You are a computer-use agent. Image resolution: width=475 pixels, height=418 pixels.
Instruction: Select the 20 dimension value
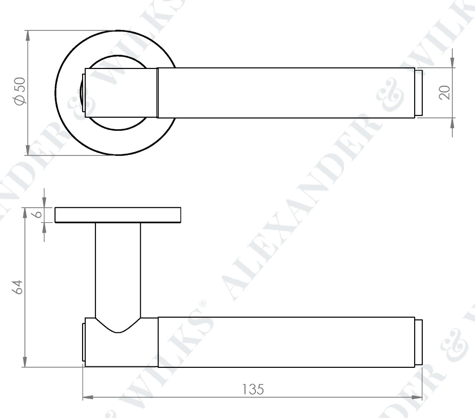(x=445, y=93)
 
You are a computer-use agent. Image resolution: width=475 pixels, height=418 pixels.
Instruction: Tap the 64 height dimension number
(x=18, y=287)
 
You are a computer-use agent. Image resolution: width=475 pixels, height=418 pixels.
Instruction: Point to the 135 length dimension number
(x=253, y=389)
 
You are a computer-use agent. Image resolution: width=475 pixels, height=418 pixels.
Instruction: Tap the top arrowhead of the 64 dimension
(x=25, y=213)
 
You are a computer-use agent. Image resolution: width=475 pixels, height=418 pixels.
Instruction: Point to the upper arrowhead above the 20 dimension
(x=452, y=62)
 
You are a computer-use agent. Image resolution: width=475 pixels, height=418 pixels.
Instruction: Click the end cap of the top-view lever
(x=419, y=93)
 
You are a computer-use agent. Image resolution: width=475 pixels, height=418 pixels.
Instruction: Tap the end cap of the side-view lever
(x=419, y=342)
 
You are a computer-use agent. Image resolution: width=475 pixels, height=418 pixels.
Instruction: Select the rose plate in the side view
(x=118, y=215)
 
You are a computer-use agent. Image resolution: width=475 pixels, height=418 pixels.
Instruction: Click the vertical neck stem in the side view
(x=118, y=268)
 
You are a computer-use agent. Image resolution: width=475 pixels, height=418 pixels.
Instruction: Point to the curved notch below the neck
(x=118, y=327)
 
